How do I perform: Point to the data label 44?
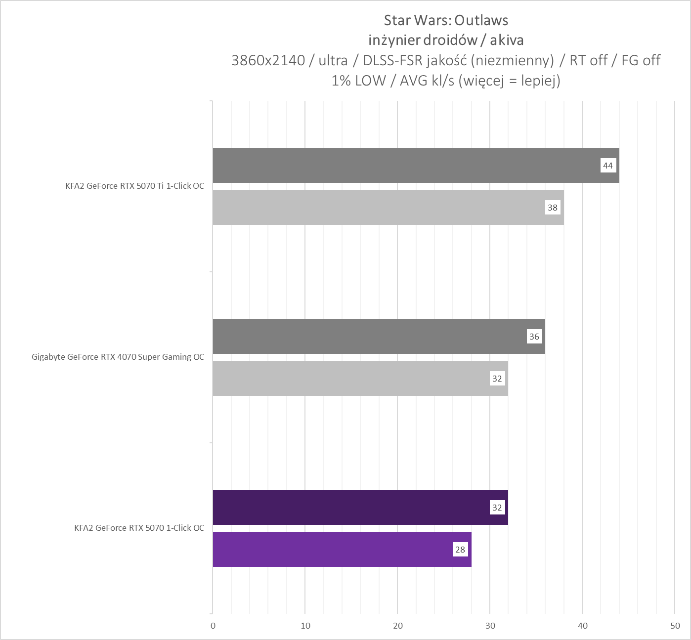click(x=607, y=166)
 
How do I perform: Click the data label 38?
click(x=552, y=208)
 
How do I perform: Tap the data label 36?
click(x=534, y=337)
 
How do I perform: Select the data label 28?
click(x=460, y=550)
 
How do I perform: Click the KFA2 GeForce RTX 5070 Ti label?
click(x=134, y=186)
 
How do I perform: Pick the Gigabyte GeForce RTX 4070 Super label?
click(x=118, y=357)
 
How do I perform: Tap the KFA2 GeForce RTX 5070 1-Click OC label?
click(x=139, y=528)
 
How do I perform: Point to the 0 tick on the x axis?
click(x=213, y=626)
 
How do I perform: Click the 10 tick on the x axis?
click(x=305, y=626)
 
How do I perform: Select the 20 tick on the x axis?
click(x=398, y=626)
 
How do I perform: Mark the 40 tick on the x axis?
click(x=583, y=626)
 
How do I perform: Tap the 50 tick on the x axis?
click(x=675, y=626)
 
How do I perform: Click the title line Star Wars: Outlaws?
click(x=446, y=20)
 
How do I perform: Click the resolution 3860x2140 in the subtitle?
click(x=268, y=60)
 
